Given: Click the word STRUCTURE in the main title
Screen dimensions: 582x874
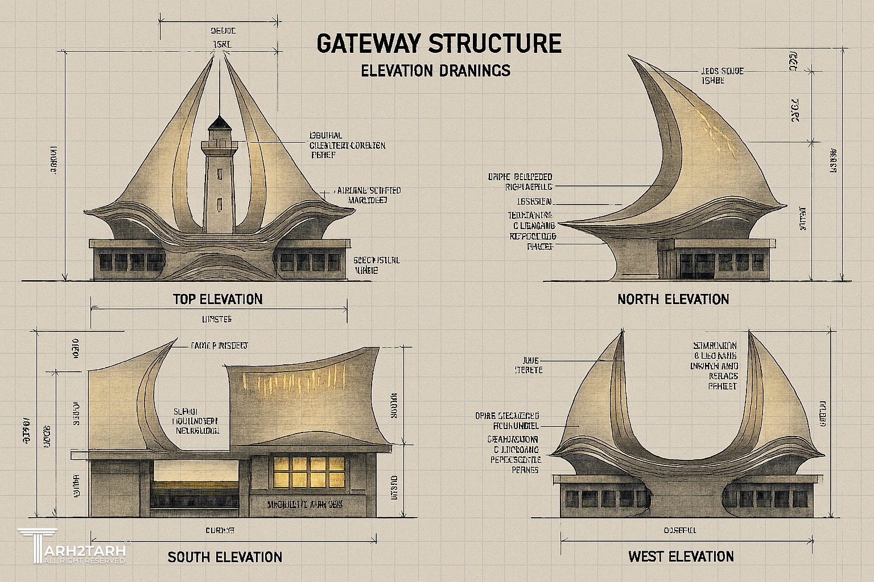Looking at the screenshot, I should tap(495, 44).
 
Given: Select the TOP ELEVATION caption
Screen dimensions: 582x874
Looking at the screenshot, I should tap(217, 299).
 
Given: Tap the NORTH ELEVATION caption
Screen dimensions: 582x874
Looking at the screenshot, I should tap(673, 299).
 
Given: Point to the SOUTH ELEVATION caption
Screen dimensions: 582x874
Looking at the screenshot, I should tap(225, 557).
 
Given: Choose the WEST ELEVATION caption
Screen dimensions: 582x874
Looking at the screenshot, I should tap(681, 556).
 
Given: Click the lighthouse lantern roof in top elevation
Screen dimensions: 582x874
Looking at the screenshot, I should tap(217, 122).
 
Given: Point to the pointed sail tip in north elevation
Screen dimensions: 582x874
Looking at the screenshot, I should tap(629, 56).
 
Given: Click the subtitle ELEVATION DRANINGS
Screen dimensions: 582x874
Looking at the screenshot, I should tap(435, 70).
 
